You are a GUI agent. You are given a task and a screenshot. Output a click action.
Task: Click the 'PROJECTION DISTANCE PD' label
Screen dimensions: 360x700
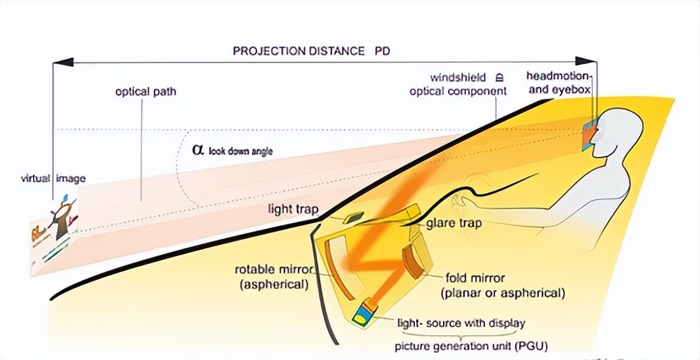(311, 51)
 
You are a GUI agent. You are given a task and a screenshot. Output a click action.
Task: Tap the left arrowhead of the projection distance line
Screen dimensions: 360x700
(59, 62)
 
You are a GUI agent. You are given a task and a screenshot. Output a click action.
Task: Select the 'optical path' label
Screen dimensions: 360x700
(146, 92)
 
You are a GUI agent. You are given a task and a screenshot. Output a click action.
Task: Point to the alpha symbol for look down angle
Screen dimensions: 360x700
(197, 150)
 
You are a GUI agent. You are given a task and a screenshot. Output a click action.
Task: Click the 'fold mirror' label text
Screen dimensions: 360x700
(475, 278)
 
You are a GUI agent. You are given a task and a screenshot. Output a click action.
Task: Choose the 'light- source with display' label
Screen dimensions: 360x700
(461, 322)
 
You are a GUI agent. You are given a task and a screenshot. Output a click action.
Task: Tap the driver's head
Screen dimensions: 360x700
(614, 130)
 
